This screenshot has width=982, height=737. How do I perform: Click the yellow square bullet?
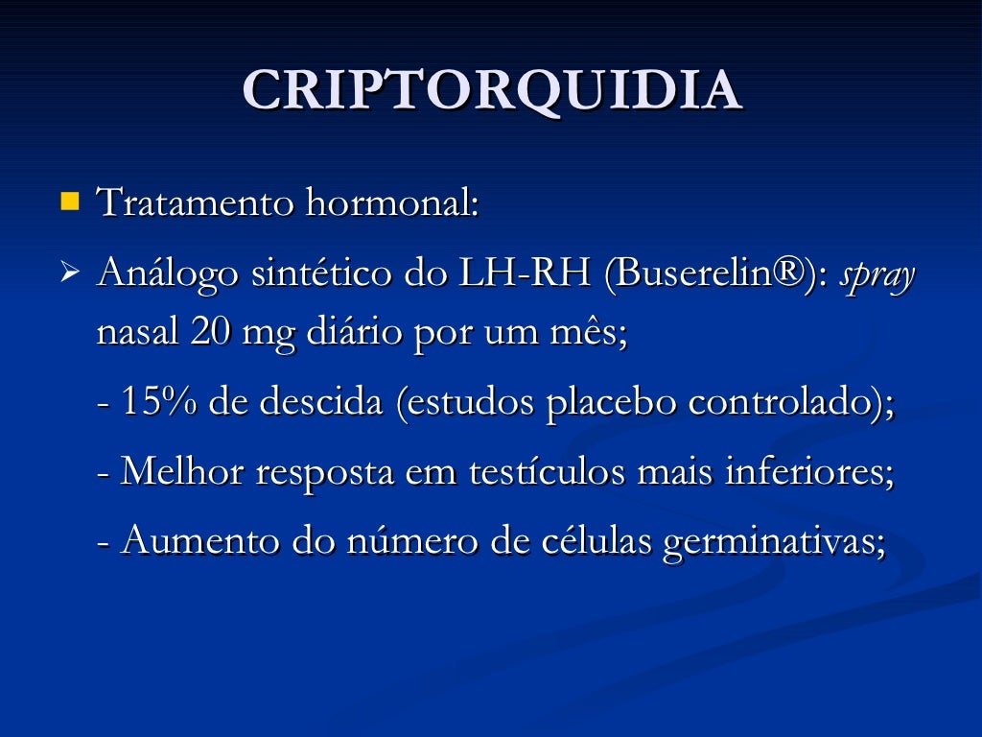click(69, 202)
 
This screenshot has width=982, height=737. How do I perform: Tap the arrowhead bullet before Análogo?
click(68, 276)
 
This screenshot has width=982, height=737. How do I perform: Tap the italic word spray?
click(878, 278)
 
